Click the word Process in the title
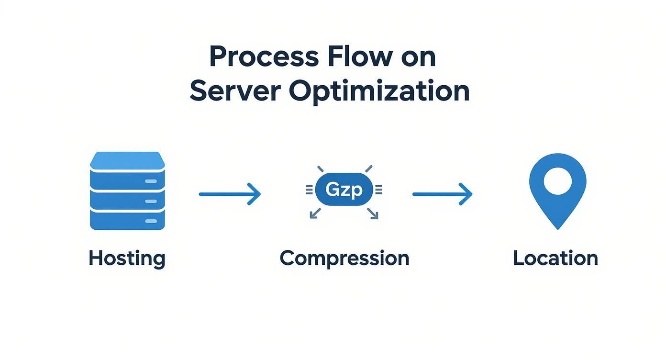pos(264,57)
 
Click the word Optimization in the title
pos(379,92)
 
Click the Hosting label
pos(127,259)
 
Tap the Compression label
pos(344,259)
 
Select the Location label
pos(555,259)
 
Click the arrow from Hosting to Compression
pos(230,194)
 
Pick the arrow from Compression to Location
pos(442,194)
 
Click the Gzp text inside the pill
pos(344,190)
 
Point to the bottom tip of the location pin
pos(557,227)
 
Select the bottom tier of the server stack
pos(127,220)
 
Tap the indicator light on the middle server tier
pos(151,201)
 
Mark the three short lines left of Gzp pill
pos(309,191)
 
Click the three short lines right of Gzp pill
pos(378,191)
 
